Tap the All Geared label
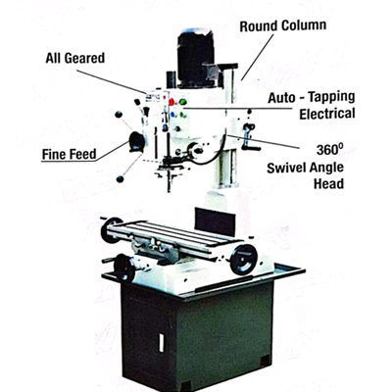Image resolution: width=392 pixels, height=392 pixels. click(75, 58)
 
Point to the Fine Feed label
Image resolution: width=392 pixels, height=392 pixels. click(70, 154)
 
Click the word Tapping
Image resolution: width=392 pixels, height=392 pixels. click(331, 97)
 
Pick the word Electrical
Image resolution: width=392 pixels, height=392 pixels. click(327, 114)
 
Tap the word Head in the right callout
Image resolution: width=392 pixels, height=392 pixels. click(328, 183)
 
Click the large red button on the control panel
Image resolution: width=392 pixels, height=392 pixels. click(171, 102)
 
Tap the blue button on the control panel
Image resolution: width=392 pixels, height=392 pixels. click(172, 115)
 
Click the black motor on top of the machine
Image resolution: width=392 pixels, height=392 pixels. click(195, 58)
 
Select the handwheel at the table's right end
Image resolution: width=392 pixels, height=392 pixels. click(243, 260)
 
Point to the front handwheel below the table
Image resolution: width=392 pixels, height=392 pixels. click(124, 268)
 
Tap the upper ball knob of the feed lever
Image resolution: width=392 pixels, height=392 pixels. click(119, 115)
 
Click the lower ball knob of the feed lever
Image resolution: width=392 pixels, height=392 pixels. click(121, 179)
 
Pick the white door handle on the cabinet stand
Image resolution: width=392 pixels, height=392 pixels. click(161, 343)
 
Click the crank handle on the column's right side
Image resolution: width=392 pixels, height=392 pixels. click(250, 137)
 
